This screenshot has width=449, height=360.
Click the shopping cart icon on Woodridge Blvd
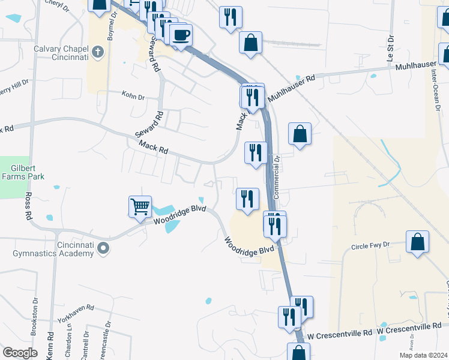tap(140, 206)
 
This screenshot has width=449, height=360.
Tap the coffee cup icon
tap(181, 35)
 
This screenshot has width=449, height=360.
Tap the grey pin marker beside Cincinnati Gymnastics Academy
tap(103, 248)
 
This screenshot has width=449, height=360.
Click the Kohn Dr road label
tap(133, 96)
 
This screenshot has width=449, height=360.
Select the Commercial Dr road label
tap(277, 178)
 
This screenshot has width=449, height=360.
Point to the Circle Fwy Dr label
tap(370, 246)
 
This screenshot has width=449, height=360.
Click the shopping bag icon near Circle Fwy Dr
tap(417, 242)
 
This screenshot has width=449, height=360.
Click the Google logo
tap(19, 353)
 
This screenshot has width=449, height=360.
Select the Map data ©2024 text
tap(423, 355)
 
